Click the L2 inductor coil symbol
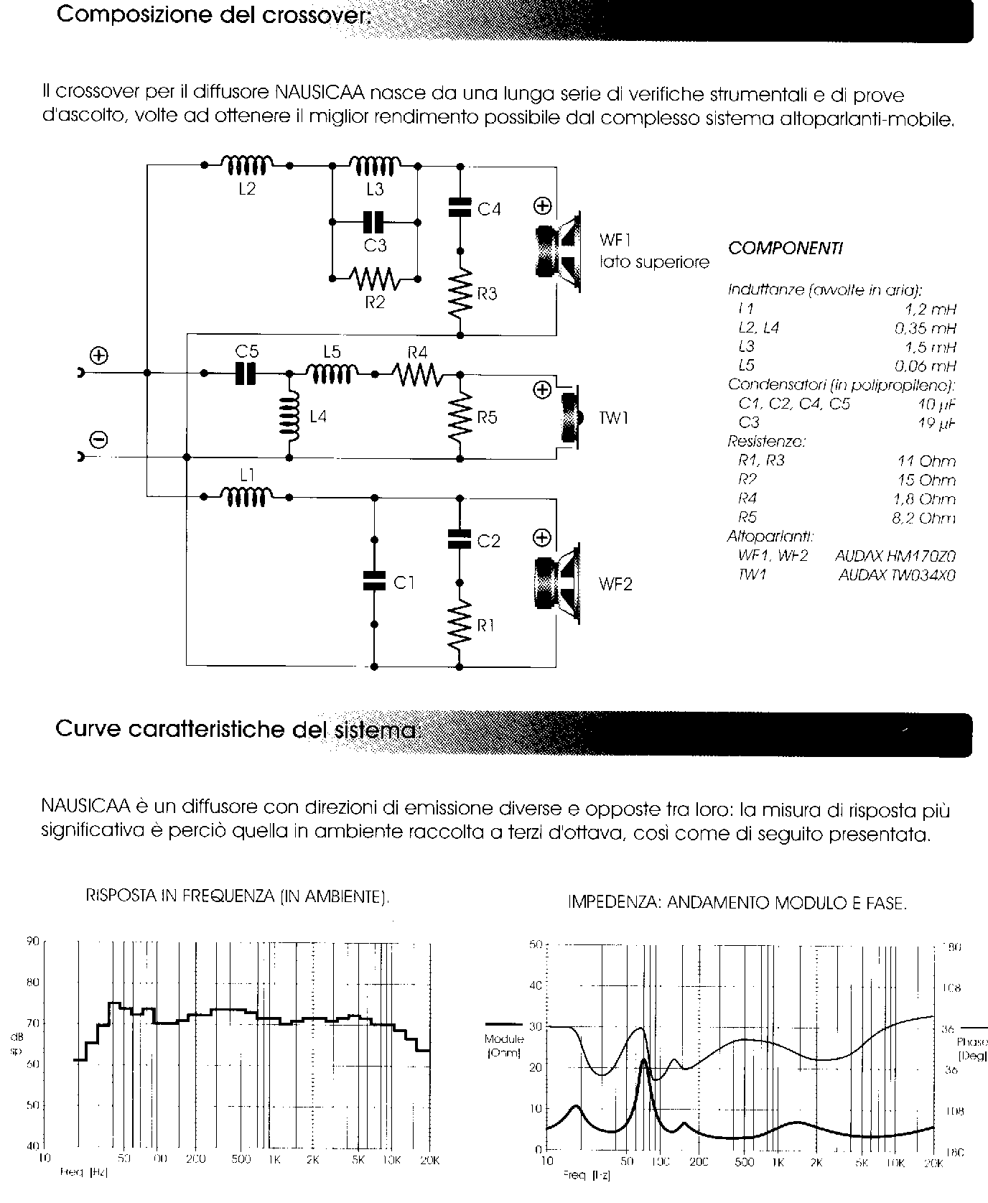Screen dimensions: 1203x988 tap(246, 166)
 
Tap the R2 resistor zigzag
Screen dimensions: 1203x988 tap(374, 277)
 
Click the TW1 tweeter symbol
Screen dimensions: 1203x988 tap(571, 417)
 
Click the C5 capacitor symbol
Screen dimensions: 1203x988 tap(246, 373)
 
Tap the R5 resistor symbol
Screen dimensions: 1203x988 tap(460, 417)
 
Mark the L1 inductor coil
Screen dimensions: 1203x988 tap(246, 496)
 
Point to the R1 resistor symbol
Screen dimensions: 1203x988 tap(460, 624)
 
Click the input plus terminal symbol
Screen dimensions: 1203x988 tap(98, 356)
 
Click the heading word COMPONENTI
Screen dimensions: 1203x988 tap(786, 249)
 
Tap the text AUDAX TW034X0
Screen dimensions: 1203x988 tap(897, 575)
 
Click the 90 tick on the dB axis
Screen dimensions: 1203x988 tap(33, 942)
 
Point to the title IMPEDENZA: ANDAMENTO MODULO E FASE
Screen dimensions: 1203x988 tap(737, 903)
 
